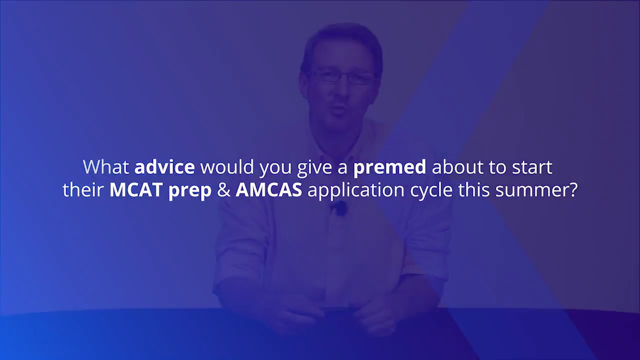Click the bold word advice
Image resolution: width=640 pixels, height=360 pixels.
tap(164, 167)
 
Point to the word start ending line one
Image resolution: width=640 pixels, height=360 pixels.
tap(532, 167)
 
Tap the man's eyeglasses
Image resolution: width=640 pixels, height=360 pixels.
tap(341, 77)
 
